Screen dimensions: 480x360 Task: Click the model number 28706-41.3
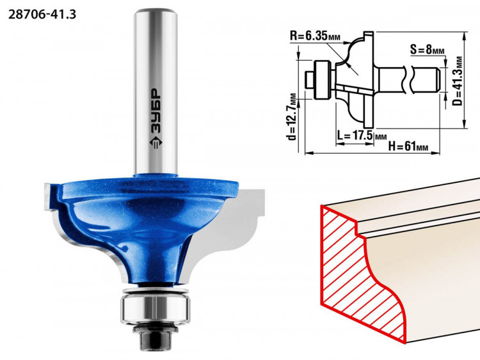tap(42, 14)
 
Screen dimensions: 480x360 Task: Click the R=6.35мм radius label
tap(315, 36)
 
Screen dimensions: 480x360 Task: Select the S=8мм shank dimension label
tap(428, 49)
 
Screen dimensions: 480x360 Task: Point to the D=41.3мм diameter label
tap(458, 81)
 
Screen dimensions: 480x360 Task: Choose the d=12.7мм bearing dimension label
tap(292, 116)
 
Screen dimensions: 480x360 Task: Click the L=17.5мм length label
tap(361, 135)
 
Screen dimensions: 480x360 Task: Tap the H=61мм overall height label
tap(408, 146)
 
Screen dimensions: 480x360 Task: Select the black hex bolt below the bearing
tap(156, 336)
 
